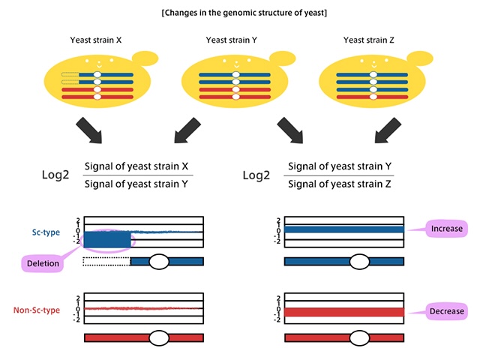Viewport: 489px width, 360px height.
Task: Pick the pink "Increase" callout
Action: [445, 227]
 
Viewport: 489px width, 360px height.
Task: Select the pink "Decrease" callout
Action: [445, 310]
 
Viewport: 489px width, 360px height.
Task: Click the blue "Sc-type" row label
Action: [47, 232]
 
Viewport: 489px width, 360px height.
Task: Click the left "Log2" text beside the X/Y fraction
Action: [58, 175]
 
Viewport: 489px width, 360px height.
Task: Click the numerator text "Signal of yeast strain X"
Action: [138, 166]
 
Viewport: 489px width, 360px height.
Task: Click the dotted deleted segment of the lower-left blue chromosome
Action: [106, 261]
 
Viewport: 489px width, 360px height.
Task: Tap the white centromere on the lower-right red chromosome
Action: [361, 338]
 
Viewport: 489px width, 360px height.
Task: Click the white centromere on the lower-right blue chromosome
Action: [361, 261]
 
